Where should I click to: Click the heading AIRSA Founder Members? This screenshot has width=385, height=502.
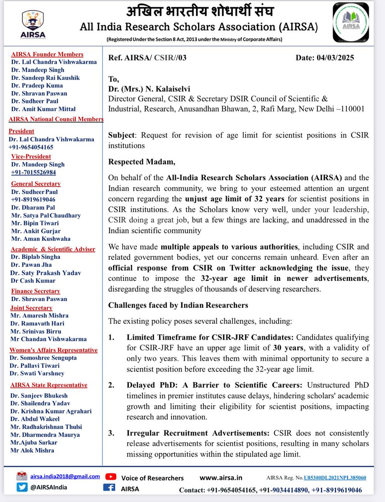pyautogui.click(x=47, y=54)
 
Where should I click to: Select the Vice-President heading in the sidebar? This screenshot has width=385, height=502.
pyautogui.click(x=32, y=157)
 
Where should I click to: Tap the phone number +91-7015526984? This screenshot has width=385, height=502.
pyautogui.click(x=33, y=172)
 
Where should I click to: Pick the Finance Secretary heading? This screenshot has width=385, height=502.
pyautogui.click(x=36, y=291)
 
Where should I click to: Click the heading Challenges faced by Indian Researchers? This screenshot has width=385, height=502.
pyautogui.click(x=178, y=305)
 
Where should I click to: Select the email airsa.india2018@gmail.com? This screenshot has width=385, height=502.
pyautogui.click(x=65, y=476)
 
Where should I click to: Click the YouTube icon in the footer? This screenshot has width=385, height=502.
pyautogui.click(x=111, y=477)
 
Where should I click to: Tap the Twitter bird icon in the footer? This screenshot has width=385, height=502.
pyautogui.click(x=22, y=487)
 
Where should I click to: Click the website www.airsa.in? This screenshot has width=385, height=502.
pyautogui.click(x=219, y=477)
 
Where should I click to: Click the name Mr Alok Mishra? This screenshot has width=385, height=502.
pyautogui.click(x=33, y=450)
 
